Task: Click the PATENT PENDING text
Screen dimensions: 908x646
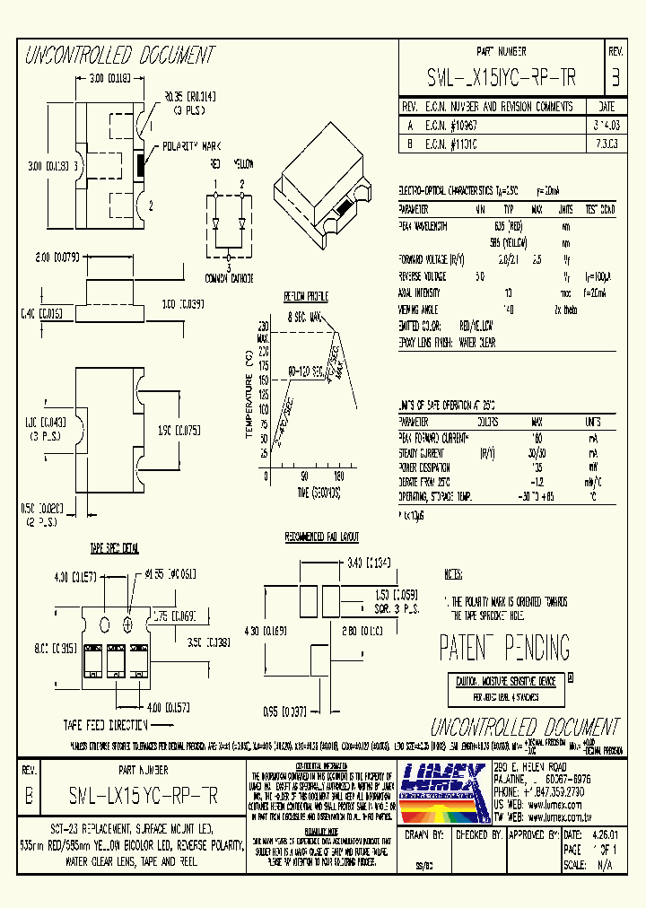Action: coord(504,647)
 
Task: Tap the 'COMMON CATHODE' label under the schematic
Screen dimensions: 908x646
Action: coord(230,277)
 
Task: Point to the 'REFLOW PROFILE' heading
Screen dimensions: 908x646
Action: coord(306,297)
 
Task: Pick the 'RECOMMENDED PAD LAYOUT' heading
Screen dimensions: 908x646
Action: coord(321,537)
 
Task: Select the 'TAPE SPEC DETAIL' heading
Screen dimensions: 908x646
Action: coord(113,547)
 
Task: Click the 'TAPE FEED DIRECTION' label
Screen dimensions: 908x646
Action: coord(105,724)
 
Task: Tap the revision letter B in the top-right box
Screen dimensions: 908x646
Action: coord(615,78)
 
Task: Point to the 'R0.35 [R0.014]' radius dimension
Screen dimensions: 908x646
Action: coord(189,95)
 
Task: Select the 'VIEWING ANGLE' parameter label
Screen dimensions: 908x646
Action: coord(420,309)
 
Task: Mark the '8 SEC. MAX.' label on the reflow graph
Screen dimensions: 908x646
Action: coord(306,317)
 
